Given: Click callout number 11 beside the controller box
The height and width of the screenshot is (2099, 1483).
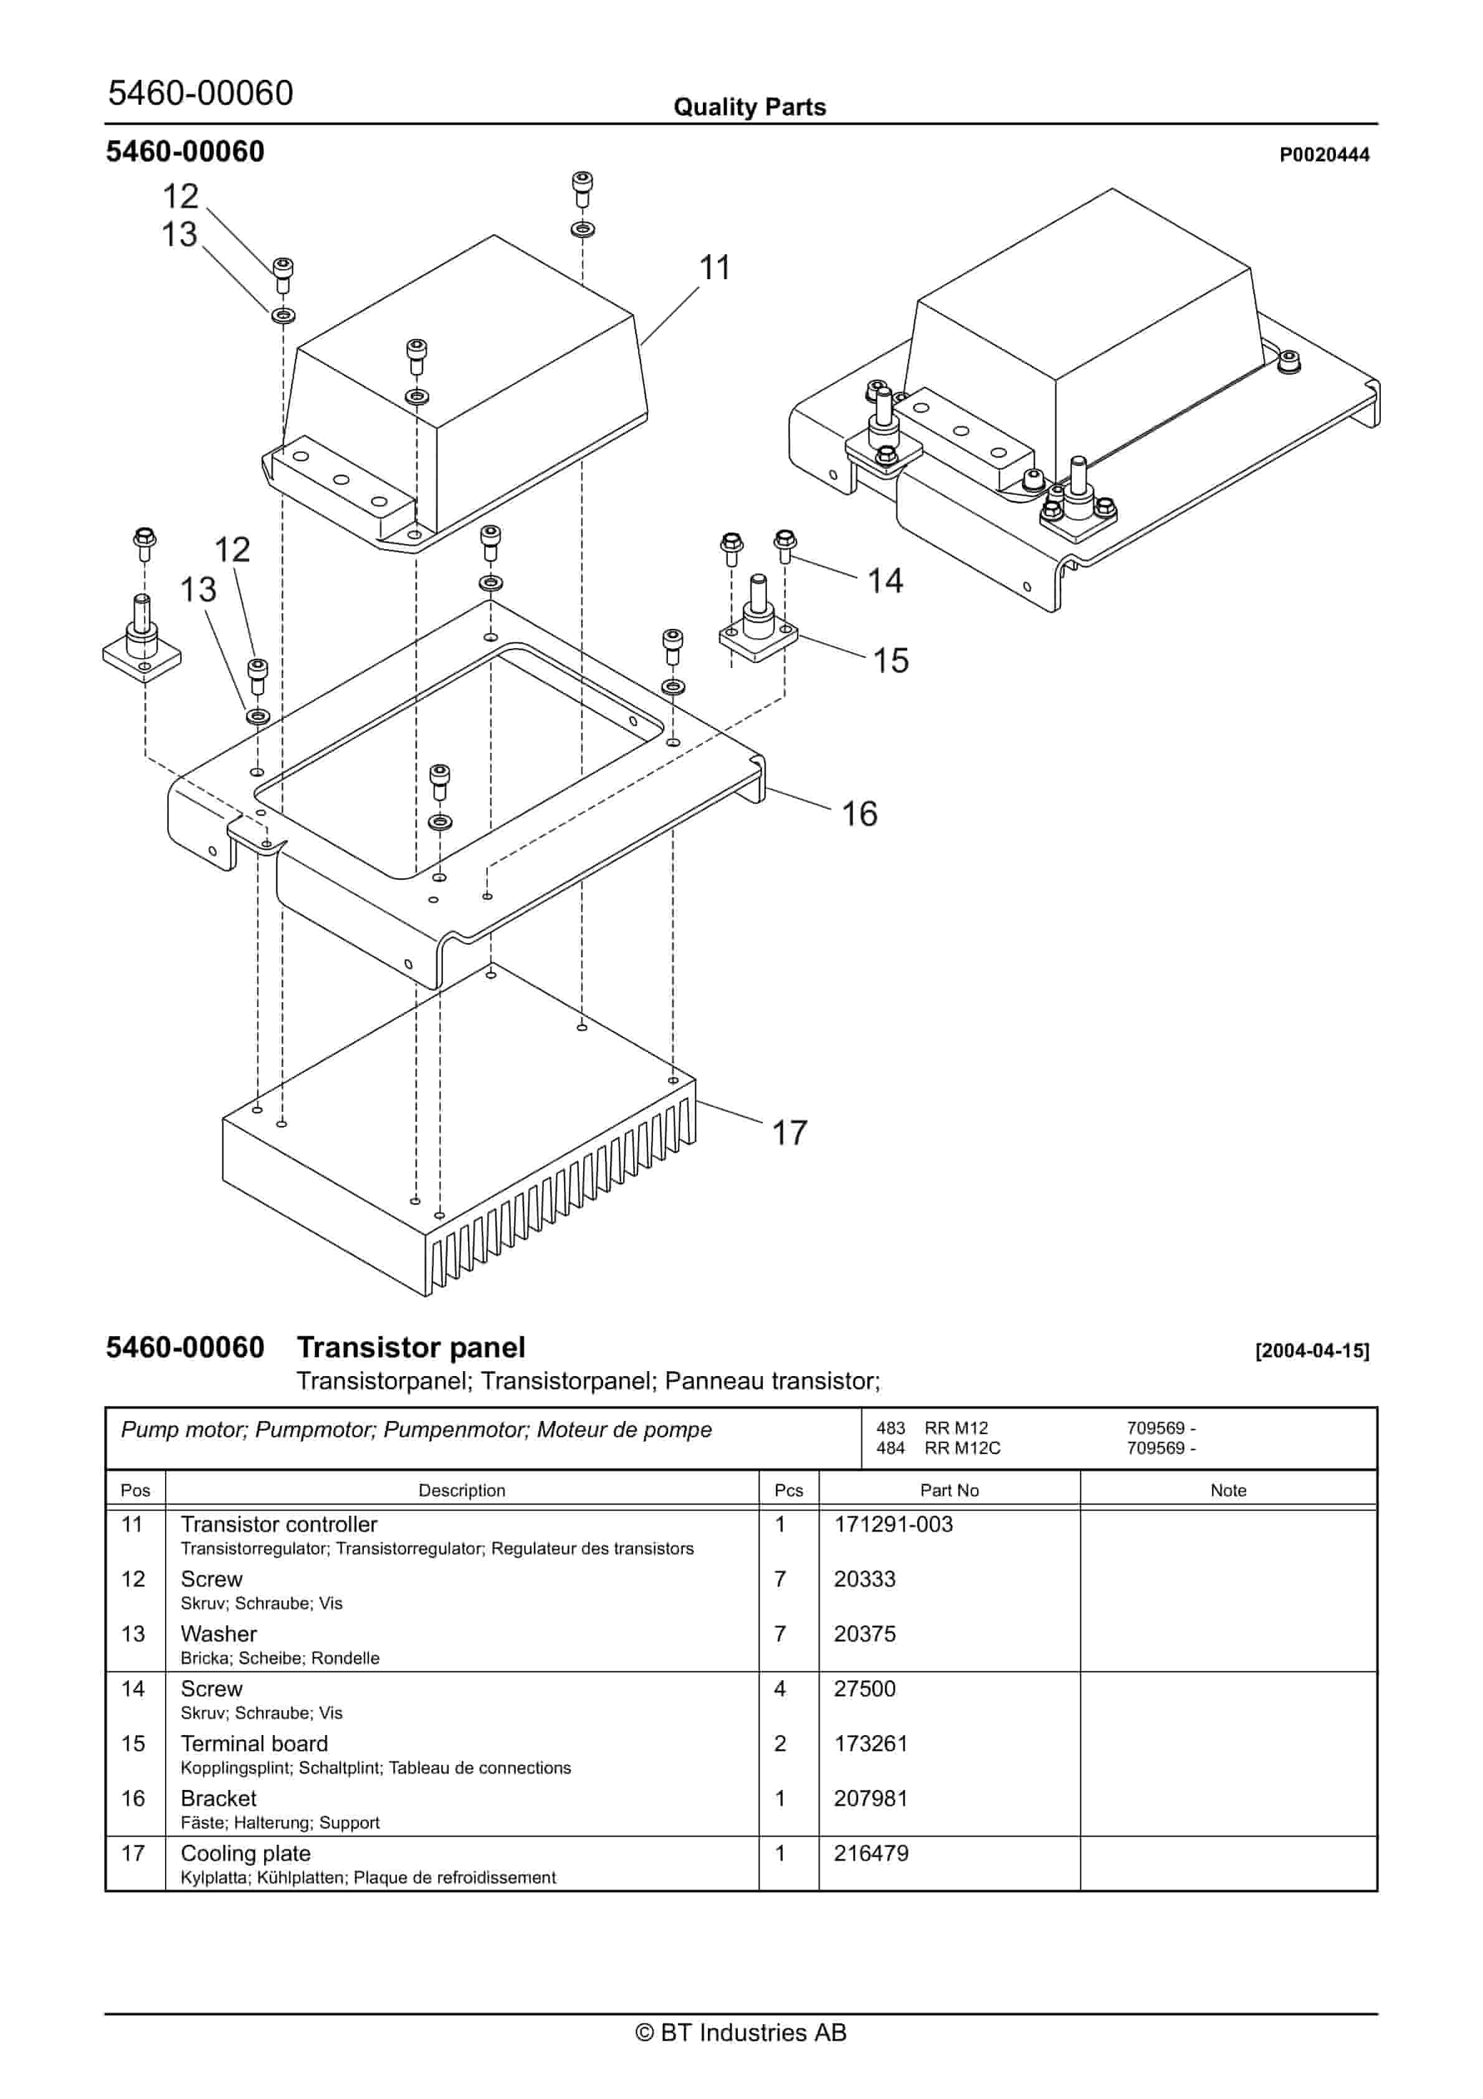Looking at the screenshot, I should [714, 268].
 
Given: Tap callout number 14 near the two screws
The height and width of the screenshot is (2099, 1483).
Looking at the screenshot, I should [884, 580].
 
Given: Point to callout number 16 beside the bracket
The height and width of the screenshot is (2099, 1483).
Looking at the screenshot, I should [859, 814].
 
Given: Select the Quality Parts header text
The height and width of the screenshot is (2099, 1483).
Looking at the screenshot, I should [749, 107].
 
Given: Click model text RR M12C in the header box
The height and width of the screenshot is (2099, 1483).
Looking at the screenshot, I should [962, 1448].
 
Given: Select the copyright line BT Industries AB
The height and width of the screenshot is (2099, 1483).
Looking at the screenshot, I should [741, 2032].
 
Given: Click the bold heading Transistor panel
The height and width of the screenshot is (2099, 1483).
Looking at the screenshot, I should [411, 1347].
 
